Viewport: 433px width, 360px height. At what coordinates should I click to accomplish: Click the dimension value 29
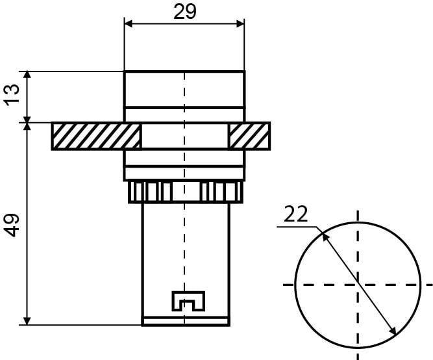[185, 12]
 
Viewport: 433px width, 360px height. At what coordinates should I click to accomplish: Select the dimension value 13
[12, 95]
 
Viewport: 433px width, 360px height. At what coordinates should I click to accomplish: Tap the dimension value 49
[12, 225]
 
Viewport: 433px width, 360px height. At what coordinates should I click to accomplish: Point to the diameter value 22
[295, 214]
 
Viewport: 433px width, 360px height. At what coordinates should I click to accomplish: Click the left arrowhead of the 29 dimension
[129, 24]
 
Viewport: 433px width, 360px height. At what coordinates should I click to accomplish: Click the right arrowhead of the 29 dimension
[240, 24]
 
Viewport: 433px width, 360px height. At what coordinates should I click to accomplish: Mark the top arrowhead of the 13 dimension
[27, 75]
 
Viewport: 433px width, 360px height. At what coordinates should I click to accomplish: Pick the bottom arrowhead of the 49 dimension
[27, 321]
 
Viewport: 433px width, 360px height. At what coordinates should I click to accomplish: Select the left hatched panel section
[96, 136]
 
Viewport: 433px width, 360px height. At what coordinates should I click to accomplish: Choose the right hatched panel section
[249, 136]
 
